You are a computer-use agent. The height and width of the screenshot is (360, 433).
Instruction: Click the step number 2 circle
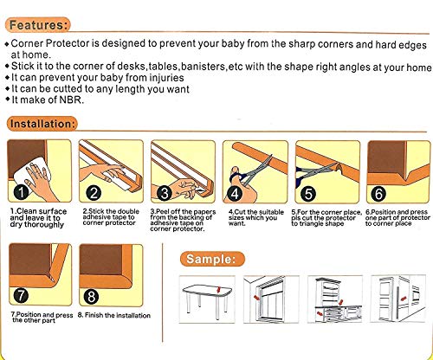(x=94, y=191)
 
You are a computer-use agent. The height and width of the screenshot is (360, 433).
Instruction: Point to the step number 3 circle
(x=165, y=191)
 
